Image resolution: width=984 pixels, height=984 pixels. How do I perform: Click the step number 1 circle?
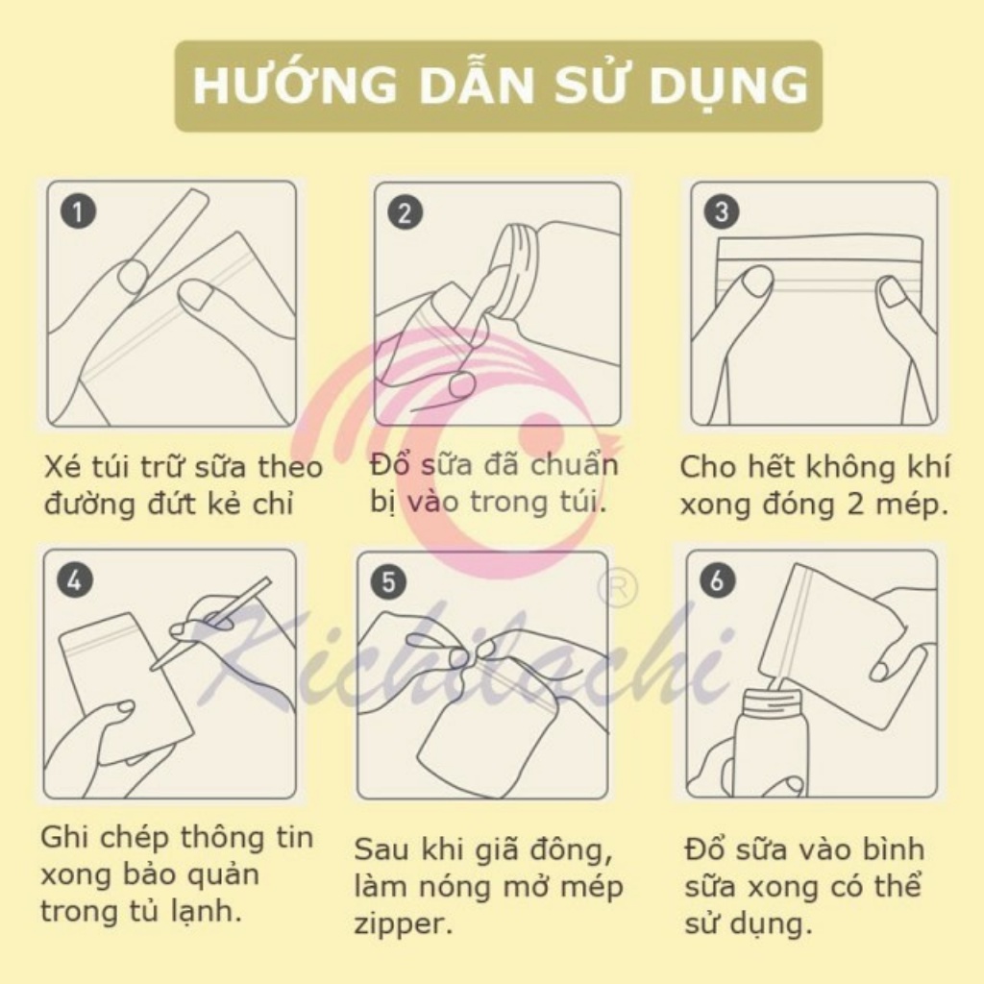(77, 211)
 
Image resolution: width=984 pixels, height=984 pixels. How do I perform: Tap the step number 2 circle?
(404, 212)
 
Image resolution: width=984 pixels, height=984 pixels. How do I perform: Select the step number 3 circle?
(722, 211)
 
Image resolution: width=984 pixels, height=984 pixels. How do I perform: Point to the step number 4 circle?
(74, 579)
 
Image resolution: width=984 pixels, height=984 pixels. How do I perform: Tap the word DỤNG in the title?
(739, 86)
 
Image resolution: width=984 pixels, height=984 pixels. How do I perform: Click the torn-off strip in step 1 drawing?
(168, 235)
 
